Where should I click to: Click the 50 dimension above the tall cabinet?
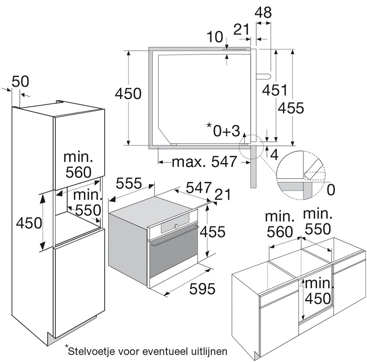click(20, 81)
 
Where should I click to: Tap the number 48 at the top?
click(263, 13)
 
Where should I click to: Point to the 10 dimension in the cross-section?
click(215, 37)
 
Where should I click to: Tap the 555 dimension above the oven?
click(128, 183)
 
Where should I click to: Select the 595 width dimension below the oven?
click(202, 289)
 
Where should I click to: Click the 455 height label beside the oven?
click(212, 232)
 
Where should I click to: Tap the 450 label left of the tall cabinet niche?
click(29, 222)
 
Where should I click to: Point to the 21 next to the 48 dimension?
click(241, 29)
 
